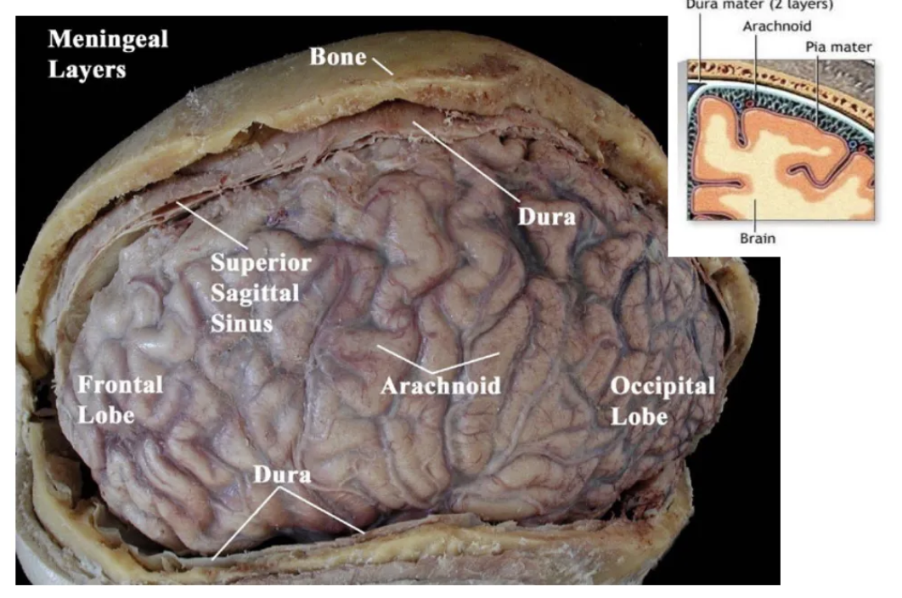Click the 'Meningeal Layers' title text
point(107,54)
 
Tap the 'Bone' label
point(337,58)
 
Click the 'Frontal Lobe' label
point(120,399)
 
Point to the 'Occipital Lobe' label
point(662,400)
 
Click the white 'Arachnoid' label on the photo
point(440,386)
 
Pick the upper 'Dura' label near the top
point(546,216)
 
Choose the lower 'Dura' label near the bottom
point(282,475)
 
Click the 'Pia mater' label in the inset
point(838,47)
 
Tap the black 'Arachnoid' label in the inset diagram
point(776,26)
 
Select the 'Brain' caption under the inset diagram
point(758,239)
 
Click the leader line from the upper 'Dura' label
point(467,163)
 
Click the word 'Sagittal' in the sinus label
point(255,293)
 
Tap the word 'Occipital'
point(662,386)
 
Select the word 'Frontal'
point(120,385)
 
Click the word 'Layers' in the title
point(87,69)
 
